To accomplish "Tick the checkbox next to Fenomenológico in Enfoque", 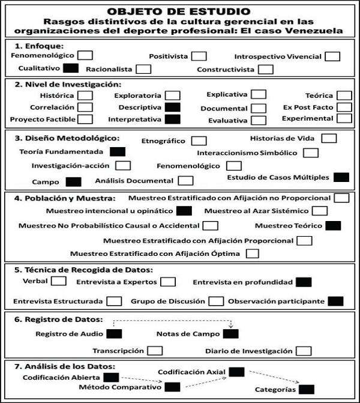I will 86,55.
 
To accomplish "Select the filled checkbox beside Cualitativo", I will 71,68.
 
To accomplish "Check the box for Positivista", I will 199,56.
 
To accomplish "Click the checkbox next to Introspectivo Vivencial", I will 332,56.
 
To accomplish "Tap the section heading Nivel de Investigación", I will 68,85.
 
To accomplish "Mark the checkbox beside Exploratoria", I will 173,95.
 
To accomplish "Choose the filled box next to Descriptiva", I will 173,108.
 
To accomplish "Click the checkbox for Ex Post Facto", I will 344,108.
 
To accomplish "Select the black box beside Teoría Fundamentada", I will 118,152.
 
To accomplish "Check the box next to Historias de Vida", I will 329,138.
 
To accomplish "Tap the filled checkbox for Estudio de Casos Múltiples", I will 341,177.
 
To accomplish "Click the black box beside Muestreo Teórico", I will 332,226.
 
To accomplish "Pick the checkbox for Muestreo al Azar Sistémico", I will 320,211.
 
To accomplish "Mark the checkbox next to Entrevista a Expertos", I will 169,282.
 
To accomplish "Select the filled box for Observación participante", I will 336,301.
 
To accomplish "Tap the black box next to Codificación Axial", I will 237,372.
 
